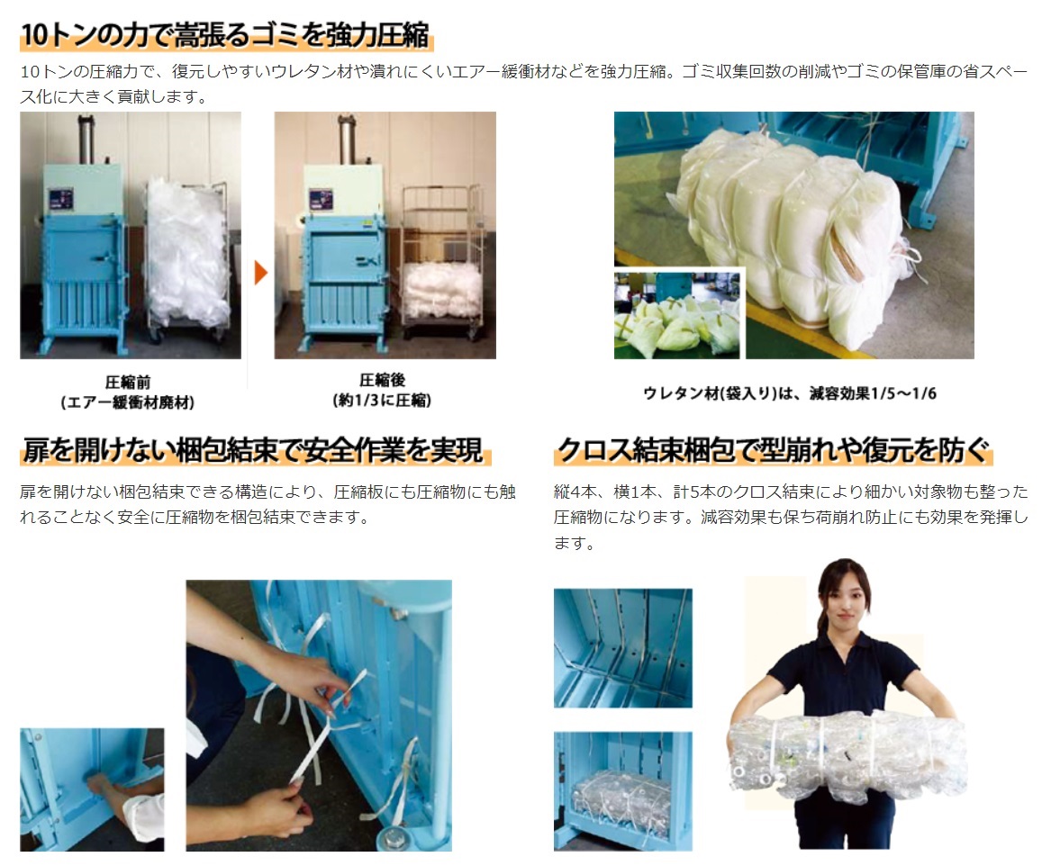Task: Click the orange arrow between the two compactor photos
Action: point(260,272)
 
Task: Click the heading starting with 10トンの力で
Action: point(226,34)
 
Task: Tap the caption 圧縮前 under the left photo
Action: point(128,382)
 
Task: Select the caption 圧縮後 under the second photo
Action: point(382,380)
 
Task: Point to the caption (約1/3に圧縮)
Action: point(382,400)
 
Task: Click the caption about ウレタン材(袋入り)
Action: point(790,393)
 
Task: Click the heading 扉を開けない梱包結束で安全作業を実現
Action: point(253,449)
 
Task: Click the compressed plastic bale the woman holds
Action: point(847,753)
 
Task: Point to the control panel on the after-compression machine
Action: point(321,199)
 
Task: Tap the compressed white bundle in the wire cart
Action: point(442,290)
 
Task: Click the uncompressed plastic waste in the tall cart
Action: point(187,249)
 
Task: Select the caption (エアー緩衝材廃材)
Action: point(128,402)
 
